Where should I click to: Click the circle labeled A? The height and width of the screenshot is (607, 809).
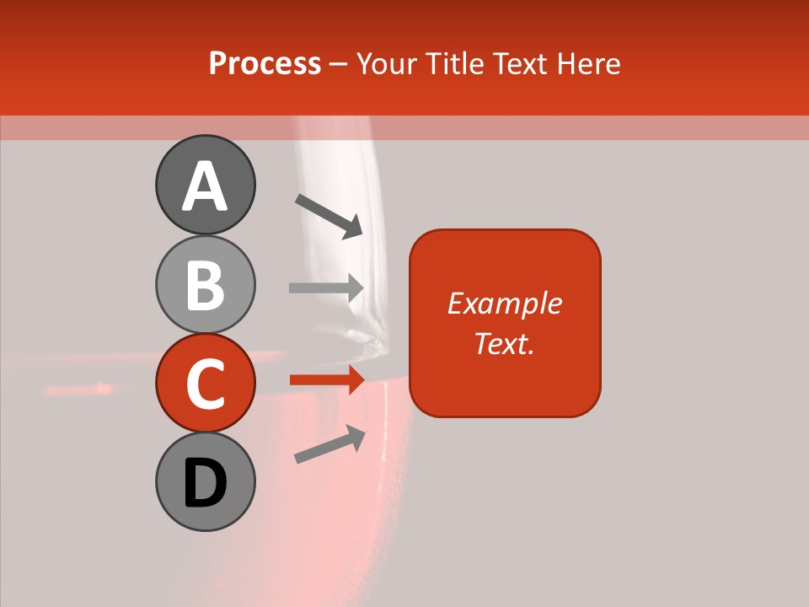pos(205,185)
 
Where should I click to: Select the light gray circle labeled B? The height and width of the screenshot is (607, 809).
pos(205,284)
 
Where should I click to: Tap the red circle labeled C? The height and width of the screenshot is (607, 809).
pos(205,383)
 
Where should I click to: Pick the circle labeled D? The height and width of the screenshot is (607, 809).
pos(205,481)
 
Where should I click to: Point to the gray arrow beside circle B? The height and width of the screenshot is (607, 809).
pos(326,287)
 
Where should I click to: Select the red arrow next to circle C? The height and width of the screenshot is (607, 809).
pos(326,380)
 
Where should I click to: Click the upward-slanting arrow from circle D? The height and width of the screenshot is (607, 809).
pos(329,444)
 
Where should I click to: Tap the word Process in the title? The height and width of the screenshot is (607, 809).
pos(265,63)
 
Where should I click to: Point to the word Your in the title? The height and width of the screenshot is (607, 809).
pos(387,63)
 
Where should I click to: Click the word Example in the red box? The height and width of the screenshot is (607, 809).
pos(504,303)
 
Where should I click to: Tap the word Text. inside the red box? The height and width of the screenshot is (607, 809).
pos(504,343)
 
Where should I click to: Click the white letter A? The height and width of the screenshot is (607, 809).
pos(205,186)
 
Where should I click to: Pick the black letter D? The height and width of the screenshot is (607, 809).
pos(205,483)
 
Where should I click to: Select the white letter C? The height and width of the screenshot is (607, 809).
pos(205,384)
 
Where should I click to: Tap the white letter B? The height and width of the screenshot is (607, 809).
pos(205,285)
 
